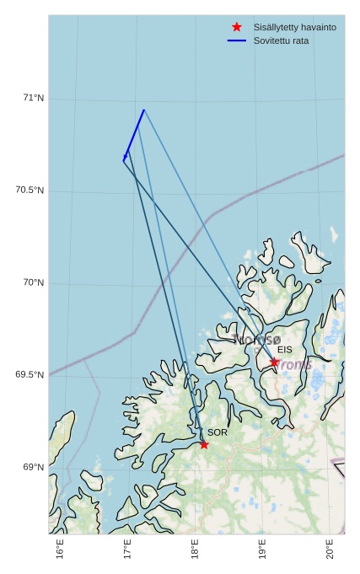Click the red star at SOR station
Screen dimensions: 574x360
coord(204,444)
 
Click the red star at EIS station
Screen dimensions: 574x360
coord(274,362)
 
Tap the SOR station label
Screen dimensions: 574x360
coord(218,432)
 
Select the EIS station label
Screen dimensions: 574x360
coord(285,350)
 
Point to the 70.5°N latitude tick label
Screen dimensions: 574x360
coord(30,190)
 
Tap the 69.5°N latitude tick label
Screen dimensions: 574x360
coord(30,375)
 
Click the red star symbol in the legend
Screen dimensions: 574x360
coord(237,27)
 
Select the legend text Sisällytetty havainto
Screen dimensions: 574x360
coord(294,27)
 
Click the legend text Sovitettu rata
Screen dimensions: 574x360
coord(281,40)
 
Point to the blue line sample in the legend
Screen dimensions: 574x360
coord(237,40)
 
